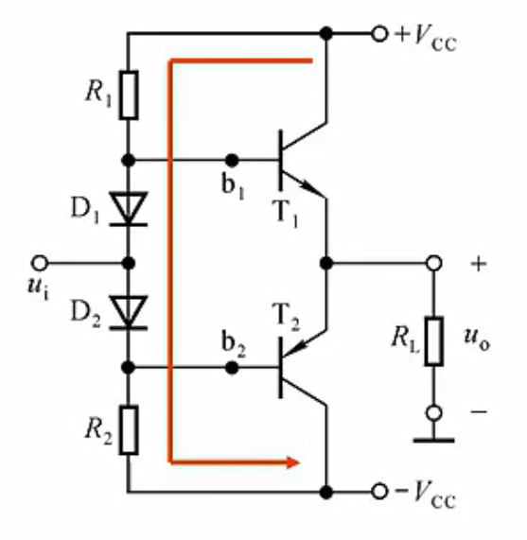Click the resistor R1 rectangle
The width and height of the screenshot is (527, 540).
coord(129,96)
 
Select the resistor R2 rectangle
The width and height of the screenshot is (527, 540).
coord(129,430)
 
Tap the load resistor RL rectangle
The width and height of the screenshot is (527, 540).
coord(433,341)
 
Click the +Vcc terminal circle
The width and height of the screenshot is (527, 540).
coord(379,34)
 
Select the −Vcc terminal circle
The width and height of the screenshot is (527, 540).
coord(379,492)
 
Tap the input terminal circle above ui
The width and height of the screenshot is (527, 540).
coord(40,263)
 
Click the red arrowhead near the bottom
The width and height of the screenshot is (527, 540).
coord(292,462)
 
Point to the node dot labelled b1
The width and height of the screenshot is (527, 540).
coord(232,160)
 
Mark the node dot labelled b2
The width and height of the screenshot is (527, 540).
coord(232,368)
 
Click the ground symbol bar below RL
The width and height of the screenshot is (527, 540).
coord(433,440)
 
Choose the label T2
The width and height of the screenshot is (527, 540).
coord(286,317)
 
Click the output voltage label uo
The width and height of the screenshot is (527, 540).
coord(477,340)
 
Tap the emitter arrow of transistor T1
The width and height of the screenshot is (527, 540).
coord(310,187)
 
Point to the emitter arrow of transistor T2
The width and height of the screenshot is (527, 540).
coord(295,348)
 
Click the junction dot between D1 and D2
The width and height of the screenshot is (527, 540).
coord(129,264)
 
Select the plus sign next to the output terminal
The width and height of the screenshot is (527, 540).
coord(479,264)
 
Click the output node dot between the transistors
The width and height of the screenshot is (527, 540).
coord(326,264)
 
